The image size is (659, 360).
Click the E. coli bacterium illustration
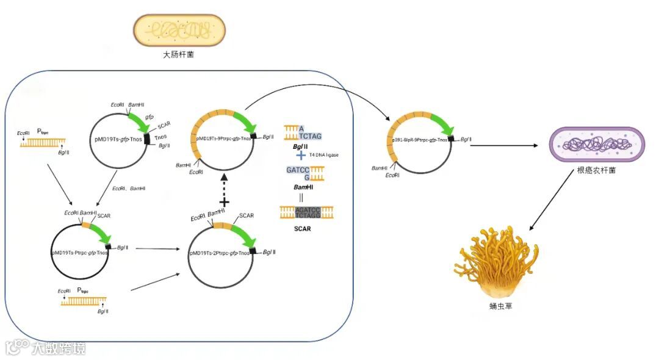[x=179, y=30]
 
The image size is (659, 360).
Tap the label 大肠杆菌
[x=179, y=55]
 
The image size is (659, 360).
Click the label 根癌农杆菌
[x=596, y=170]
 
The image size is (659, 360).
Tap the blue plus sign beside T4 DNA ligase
[x=300, y=155]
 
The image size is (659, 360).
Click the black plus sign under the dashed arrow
[x=224, y=202]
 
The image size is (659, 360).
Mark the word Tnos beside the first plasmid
[x=160, y=137]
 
